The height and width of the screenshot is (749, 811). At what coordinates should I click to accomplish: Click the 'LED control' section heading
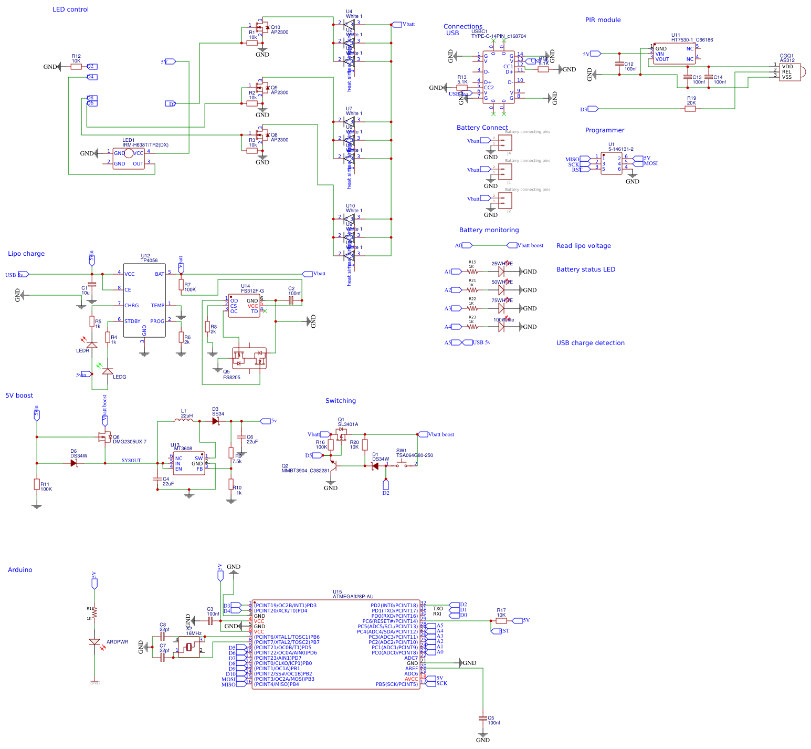[70, 9]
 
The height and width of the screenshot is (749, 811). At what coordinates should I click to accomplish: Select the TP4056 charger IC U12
[144, 300]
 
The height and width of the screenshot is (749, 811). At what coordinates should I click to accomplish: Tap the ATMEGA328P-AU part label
[353, 597]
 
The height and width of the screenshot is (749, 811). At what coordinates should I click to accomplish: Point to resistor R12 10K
[76, 67]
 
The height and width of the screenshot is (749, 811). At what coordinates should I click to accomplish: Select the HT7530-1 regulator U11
[675, 54]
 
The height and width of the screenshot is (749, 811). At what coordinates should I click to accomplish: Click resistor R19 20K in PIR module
[691, 109]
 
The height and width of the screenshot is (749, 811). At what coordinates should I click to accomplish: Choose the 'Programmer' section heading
[605, 130]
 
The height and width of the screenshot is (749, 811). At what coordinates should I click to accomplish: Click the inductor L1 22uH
[184, 421]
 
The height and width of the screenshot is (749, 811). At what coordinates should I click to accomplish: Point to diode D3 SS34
[215, 421]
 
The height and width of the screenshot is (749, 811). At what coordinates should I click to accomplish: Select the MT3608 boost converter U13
[189, 463]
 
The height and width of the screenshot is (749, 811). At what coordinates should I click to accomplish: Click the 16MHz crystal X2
[189, 647]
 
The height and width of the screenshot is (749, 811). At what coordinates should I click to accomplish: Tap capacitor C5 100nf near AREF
[483, 717]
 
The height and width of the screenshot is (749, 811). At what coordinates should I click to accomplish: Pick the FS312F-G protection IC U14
[244, 306]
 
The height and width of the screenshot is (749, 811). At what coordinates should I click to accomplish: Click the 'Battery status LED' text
[585, 269]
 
